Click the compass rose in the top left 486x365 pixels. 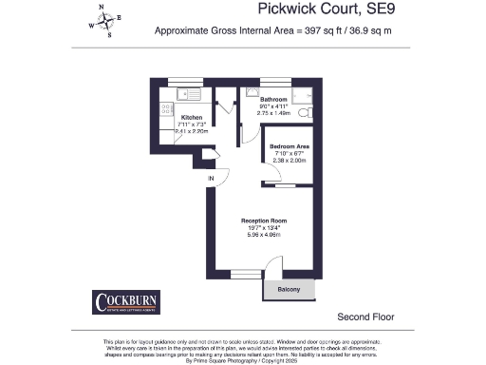[106, 20]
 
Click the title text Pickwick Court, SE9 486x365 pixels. [323, 10]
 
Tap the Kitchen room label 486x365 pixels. [191, 118]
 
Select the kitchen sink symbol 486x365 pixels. [187, 94]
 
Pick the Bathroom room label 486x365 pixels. [274, 99]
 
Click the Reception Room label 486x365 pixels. [263, 220]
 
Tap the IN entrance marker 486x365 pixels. [212, 178]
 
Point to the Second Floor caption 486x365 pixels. [365, 317]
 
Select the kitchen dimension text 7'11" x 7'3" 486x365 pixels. [191, 125]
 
